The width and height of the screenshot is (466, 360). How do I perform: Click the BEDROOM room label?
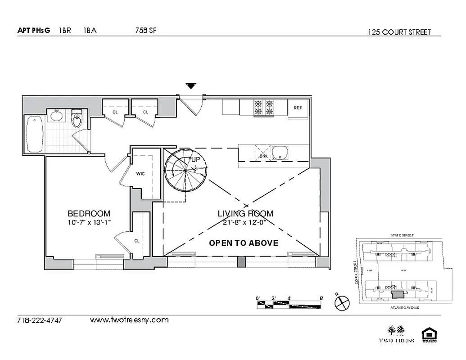(89, 214)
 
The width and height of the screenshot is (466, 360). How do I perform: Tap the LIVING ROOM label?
(245, 214)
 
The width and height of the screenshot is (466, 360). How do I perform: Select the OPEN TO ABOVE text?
(244, 243)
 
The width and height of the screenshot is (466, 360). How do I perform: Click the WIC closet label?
(140, 174)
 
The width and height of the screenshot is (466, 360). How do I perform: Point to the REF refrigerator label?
(298, 108)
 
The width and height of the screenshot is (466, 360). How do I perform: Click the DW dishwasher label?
(263, 156)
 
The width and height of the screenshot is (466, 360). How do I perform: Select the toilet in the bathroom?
(77, 119)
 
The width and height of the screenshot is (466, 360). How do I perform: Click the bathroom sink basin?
(57, 117)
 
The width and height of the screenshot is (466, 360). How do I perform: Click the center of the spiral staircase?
(186, 170)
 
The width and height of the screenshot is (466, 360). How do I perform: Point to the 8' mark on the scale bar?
(321, 298)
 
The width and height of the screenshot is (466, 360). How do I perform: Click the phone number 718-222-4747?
(39, 321)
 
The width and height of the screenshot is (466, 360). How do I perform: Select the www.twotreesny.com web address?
(129, 320)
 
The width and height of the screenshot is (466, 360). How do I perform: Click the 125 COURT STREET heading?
(399, 32)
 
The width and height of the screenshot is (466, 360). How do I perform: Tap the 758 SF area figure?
(145, 31)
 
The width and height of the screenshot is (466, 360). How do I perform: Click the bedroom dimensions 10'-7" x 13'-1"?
(89, 222)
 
